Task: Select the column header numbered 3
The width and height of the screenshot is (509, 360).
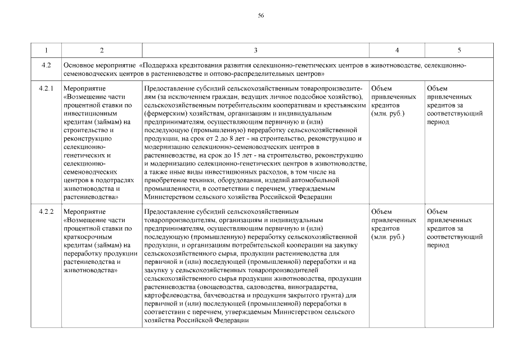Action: click(x=255, y=51)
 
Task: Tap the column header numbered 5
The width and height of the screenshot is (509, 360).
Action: click(x=459, y=51)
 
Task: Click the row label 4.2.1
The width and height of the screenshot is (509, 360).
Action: click(x=46, y=89)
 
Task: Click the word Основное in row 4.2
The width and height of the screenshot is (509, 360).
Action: click(x=79, y=66)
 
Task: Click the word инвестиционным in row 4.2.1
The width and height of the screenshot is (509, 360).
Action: click(x=88, y=112)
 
